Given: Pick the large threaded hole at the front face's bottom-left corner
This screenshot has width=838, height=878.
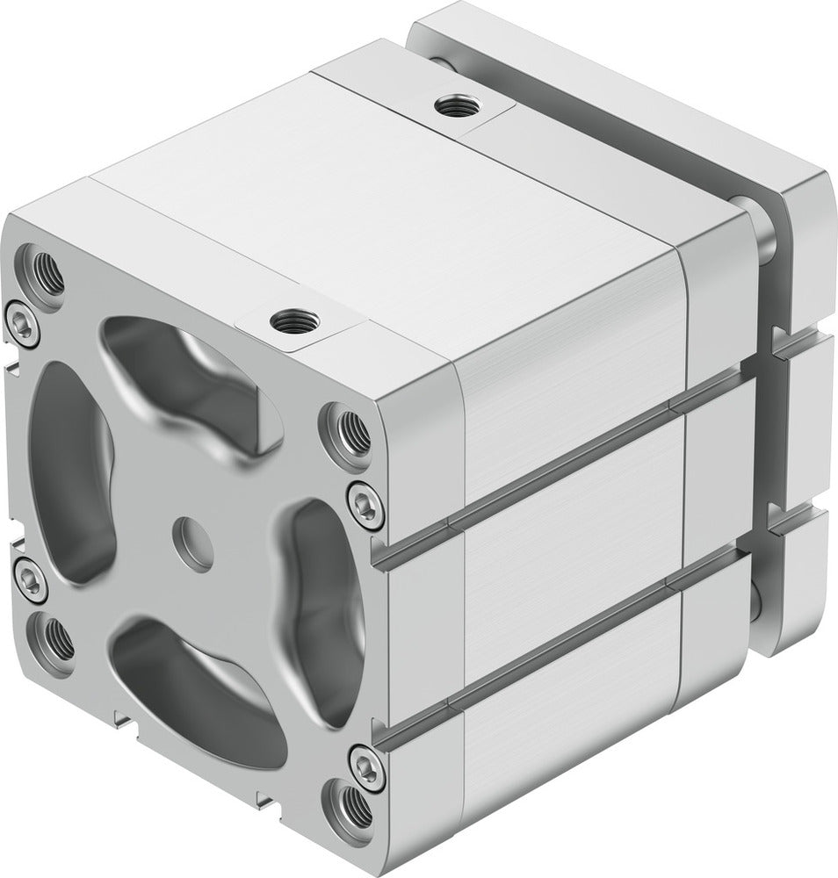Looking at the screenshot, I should click(x=56, y=641).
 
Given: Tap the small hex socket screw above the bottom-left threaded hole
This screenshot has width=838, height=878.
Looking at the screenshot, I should click(x=31, y=580).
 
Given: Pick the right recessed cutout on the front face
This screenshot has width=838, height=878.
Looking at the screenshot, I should click(x=321, y=597).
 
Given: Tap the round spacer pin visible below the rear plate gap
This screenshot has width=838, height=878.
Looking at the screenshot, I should click(x=757, y=602).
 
